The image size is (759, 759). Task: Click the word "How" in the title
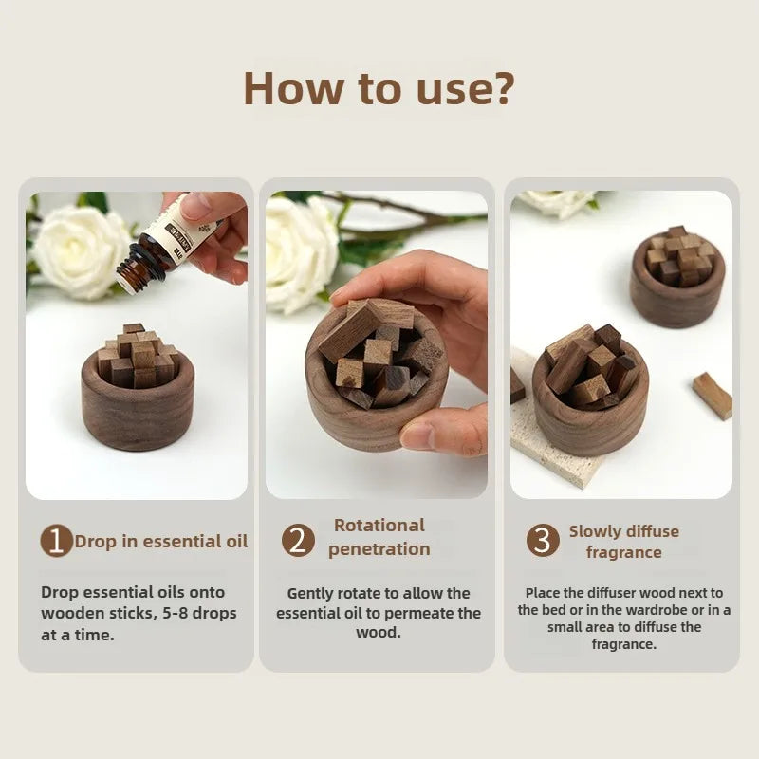click(292, 88)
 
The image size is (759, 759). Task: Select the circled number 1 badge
click(56, 541)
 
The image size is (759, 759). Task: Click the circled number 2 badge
click(298, 540)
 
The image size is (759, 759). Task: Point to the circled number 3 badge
click(543, 540)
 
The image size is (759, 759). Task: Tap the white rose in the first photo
click(80, 250)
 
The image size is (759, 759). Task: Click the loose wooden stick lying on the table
click(713, 396)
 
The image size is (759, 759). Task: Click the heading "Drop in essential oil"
click(161, 541)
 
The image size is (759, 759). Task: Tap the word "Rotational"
click(379, 526)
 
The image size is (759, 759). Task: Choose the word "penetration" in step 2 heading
click(379, 549)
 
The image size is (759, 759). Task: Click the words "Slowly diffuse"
click(624, 531)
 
